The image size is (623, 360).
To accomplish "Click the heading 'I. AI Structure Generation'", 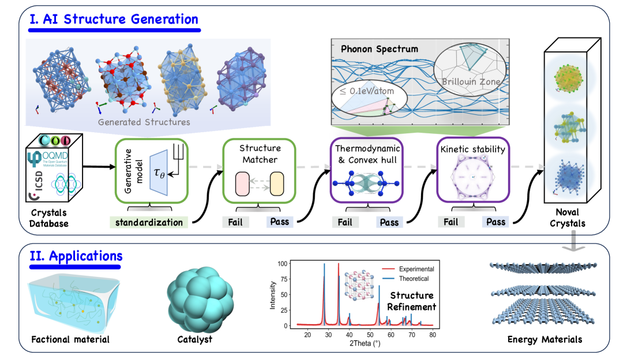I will [x=114, y=18].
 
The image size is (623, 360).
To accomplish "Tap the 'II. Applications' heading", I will [x=76, y=255].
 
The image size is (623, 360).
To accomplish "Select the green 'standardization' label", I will [x=149, y=222].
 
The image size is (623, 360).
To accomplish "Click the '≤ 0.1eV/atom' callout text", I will [x=367, y=91].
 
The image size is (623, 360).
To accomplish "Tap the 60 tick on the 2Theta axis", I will [x=391, y=335].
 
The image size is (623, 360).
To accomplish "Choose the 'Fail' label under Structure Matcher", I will [x=234, y=222].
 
